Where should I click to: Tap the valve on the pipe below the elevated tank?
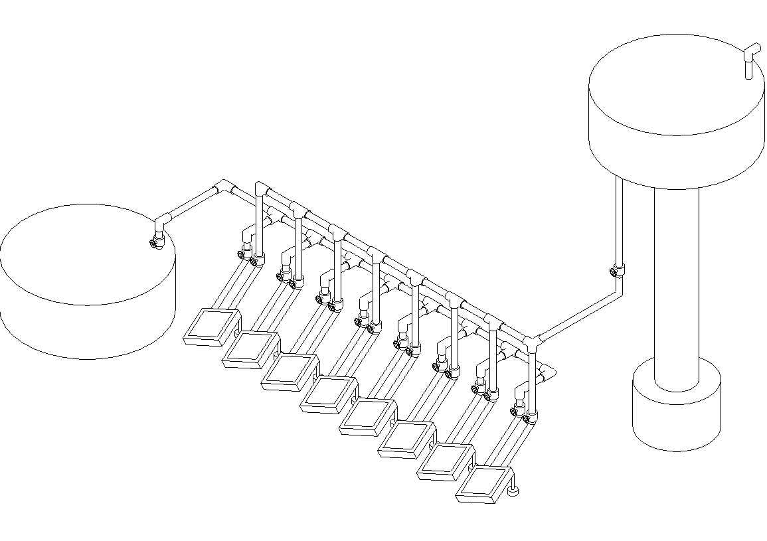coord(617,271)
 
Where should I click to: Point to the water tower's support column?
coord(676,285)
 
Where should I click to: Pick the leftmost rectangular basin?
coord(210,327)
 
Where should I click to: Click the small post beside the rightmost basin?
coord(512,491)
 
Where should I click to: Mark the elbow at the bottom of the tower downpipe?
coord(618,290)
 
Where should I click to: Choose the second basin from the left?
coord(249,350)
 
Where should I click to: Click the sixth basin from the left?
coord(406,439)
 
